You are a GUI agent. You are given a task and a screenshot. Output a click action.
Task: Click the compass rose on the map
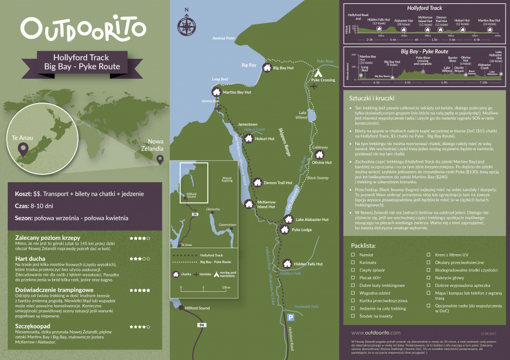pyautogui.click(x=186, y=24)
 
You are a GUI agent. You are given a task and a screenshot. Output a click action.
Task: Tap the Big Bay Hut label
pyautogui.click(x=283, y=68)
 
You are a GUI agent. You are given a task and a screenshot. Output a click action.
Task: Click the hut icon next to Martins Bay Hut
pyautogui.click(x=216, y=92)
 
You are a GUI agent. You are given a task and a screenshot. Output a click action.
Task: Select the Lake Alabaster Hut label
pyautogui.click(x=312, y=220)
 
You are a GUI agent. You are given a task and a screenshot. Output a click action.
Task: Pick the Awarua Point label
pyautogui.click(x=224, y=38)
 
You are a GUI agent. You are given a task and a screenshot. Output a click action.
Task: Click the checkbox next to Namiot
pyautogui.click(x=354, y=255)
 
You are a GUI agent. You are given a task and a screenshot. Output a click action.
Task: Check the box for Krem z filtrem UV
pyautogui.click(x=429, y=255)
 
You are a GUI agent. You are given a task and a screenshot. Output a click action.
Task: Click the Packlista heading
pyautogui.click(x=364, y=244)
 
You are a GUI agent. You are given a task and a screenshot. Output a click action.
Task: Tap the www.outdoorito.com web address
pyautogui.click(x=376, y=332)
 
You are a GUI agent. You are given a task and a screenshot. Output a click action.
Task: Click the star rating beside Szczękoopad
pyautogui.click(x=140, y=326)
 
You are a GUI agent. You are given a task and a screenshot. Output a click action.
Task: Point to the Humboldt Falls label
pyautogui.click(x=307, y=306)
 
